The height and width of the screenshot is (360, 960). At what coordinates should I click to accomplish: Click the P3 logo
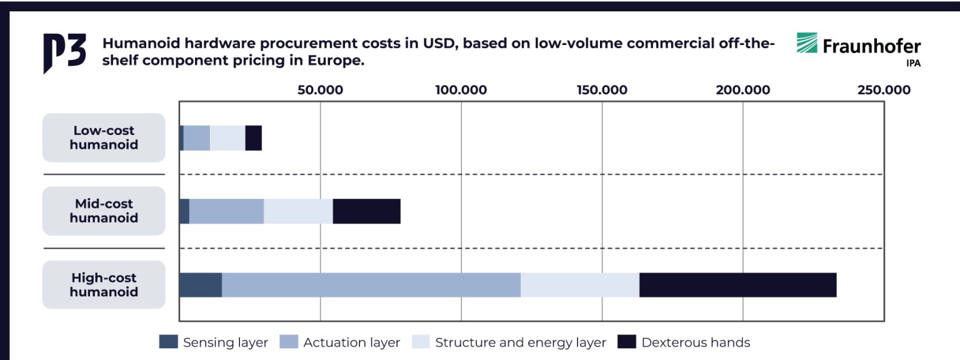[x=64, y=53]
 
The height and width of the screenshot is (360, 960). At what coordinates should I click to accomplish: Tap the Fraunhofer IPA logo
[x=858, y=48]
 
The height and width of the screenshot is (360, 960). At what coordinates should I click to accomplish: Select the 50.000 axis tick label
[x=320, y=90]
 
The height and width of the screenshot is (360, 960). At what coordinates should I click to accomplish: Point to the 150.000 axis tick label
[x=602, y=90]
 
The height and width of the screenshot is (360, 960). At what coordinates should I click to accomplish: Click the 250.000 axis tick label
[x=884, y=90]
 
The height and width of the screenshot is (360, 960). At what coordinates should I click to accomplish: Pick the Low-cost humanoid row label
[x=104, y=137]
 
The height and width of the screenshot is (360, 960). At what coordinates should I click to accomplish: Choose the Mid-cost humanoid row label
[x=104, y=211]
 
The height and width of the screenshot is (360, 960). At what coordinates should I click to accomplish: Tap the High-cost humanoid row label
[x=104, y=284]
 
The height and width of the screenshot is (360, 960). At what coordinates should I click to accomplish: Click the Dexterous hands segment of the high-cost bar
[x=737, y=285]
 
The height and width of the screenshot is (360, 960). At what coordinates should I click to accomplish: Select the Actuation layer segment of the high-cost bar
[x=371, y=285]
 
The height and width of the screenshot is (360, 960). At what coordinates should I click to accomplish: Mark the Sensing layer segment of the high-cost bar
[x=201, y=285]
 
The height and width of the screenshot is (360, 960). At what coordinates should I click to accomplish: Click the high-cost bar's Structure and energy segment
[x=580, y=285]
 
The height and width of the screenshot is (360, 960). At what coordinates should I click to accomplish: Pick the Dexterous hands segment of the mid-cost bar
[x=366, y=211]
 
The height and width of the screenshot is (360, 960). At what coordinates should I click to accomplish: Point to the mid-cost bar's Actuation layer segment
[x=226, y=211]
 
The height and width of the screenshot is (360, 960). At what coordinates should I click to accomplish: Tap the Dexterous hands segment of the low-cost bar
[x=253, y=138]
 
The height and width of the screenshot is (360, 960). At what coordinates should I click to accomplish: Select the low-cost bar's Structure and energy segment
[x=227, y=138]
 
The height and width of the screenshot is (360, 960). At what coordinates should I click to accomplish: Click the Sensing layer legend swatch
[x=169, y=342]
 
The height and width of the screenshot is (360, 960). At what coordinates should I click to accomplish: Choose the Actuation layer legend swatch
[x=289, y=342]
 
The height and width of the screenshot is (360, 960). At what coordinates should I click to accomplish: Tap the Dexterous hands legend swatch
[x=627, y=342]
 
